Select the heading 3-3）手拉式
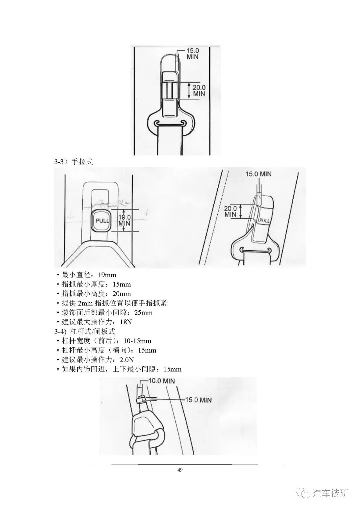pos(73,162)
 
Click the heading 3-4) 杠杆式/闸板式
pos(85,332)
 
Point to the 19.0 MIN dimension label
pos(124,220)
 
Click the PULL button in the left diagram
pos(101,220)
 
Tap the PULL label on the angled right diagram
pos(264,220)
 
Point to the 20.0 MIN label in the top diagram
pos(199,90)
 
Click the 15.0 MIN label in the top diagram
pos(193,54)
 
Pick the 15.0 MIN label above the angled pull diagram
pos(258,174)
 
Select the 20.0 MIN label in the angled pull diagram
pos(230,211)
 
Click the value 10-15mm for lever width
pos(137,341)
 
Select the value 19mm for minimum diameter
pos(107,275)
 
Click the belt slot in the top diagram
pos(171,124)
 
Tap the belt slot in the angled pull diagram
pos(255,250)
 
